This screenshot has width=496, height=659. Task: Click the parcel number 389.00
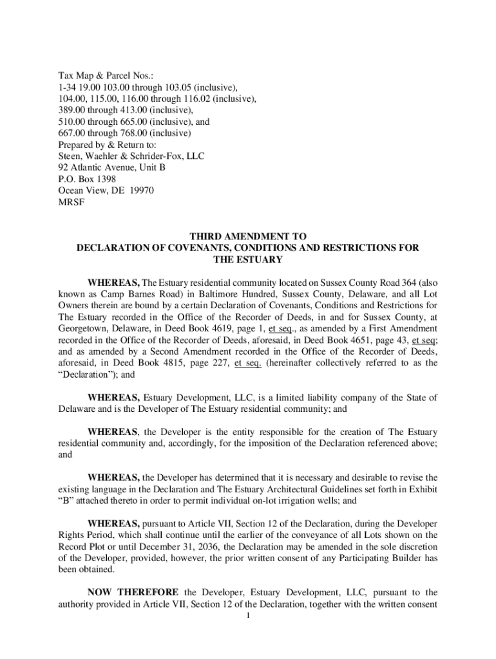(72, 110)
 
